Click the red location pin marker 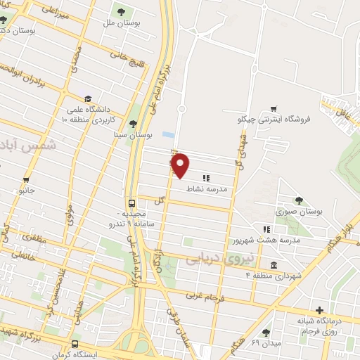[181, 165]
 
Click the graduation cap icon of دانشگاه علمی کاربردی [88, 98]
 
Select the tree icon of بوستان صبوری [299, 200]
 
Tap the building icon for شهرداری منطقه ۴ [273, 264]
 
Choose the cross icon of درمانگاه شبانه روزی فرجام [321, 310]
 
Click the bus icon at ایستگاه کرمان [75, 345]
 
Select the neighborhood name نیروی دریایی [214, 258]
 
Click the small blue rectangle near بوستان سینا [167, 134]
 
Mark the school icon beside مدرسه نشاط [205, 178]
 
